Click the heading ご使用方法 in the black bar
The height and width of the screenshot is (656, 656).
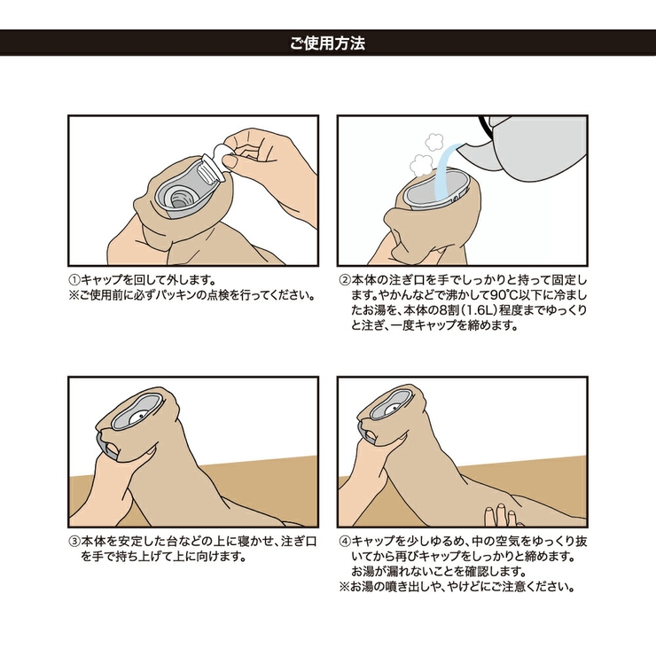click(x=328, y=43)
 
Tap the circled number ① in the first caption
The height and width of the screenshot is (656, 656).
click(x=74, y=279)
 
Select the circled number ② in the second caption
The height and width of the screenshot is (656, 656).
click(x=344, y=279)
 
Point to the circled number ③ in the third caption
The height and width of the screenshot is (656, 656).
click(x=74, y=542)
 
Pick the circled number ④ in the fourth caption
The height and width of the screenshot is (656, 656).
click(x=344, y=542)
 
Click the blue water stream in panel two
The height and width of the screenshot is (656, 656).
click(x=444, y=170)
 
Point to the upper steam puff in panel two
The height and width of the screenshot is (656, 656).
click(x=434, y=142)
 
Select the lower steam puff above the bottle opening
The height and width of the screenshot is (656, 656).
click(x=421, y=165)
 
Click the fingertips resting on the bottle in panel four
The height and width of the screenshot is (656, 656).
click(x=501, y=514)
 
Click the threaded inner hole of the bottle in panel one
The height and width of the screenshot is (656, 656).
click(x=179, y=199)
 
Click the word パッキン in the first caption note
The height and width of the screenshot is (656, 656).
click(x=176, y=295)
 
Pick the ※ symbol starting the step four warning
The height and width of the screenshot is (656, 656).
click(x=344, y=587)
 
